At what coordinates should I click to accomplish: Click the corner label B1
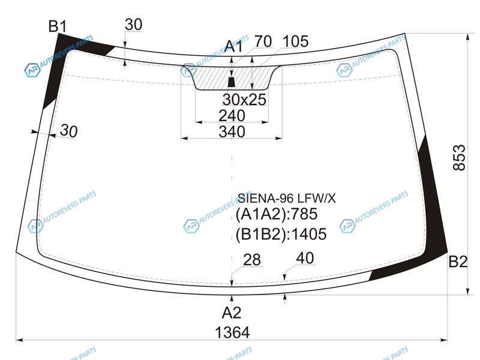[58, 26]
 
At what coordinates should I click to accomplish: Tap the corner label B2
[458, 262]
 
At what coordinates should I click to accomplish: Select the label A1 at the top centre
[233, 47]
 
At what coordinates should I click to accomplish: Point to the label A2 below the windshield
[232, 313]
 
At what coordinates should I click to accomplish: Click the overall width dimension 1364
[232, 332]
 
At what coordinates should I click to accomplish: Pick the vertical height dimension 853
[459, 158]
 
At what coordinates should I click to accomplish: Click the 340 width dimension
[232, 132]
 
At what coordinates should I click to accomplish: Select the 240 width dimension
[232, 116]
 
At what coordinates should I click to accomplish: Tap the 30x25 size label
[244, 100]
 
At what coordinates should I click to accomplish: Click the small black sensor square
[232, 82]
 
